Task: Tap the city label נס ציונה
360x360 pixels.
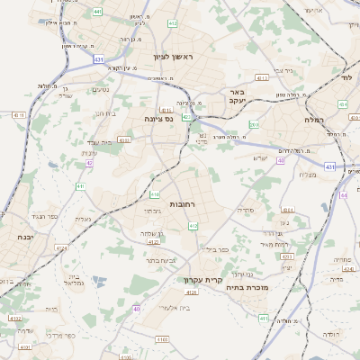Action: pyautogui.click(x=158, y=118)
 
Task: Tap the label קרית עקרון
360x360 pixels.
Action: pyautogui.click(x=202, y=280)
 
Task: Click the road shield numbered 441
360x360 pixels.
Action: pyautogui.click(x=97, y=11)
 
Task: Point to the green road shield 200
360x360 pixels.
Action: pyautogui.click(x=254, y=125)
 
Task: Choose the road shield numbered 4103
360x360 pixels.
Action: pyautogui.click(x=161, y=340)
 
